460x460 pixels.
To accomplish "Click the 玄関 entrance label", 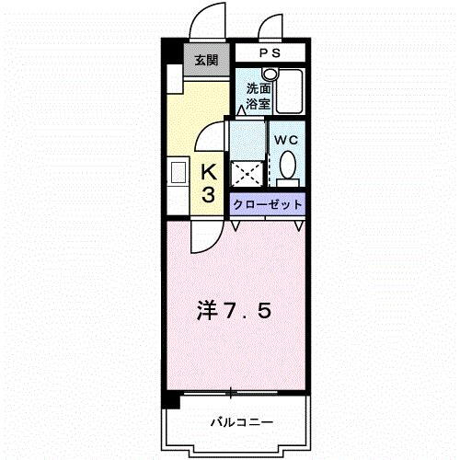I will (206, 61).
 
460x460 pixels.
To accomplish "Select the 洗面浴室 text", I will (258, 97).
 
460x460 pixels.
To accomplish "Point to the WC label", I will (285, 140).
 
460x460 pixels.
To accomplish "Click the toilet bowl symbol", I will (288, 167).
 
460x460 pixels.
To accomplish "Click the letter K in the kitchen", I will (209, 171).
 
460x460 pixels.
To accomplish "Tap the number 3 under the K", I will (209, 194).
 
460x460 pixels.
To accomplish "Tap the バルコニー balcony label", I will (240, 422).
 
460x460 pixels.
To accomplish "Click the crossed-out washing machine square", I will (246, 173).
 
